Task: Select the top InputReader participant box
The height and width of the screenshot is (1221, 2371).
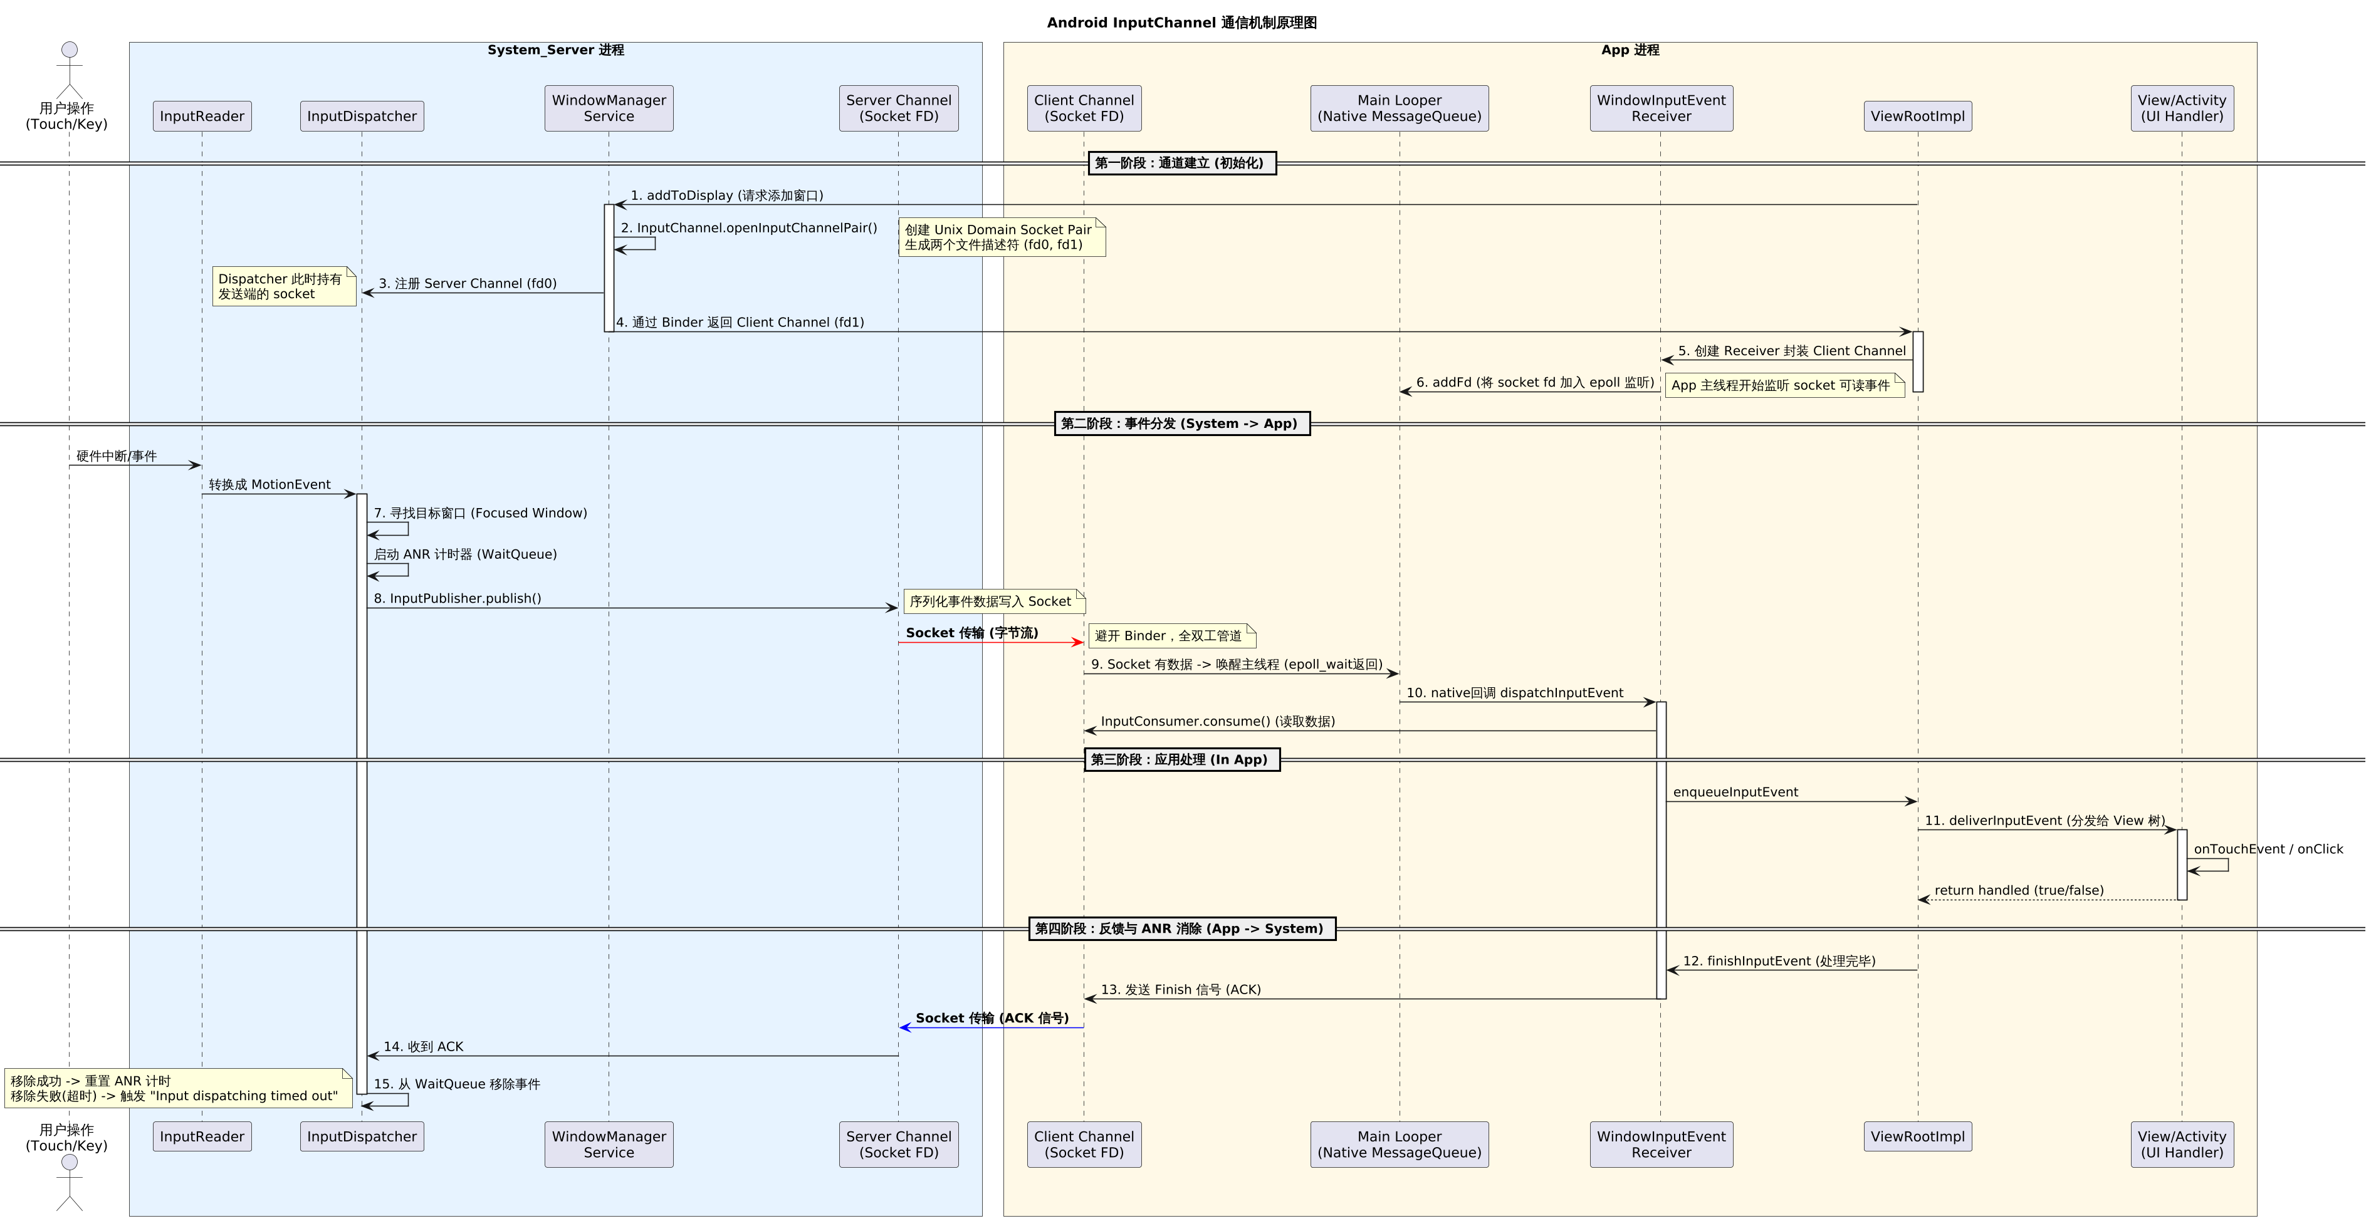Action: click(202, 116)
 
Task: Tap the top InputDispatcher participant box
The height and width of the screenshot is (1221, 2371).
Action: click(362, 116)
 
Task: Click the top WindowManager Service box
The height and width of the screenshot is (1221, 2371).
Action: click(609, 108)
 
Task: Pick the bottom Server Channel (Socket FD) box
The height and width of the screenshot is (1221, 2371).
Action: click(898, 1144)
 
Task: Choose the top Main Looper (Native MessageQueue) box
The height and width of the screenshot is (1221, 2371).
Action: click(1399, 108)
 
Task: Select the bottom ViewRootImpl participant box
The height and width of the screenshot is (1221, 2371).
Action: click(1917, 1136)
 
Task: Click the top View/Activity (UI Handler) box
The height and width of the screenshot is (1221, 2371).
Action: click(2181, 108)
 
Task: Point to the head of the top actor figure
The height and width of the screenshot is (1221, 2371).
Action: click(69, 49)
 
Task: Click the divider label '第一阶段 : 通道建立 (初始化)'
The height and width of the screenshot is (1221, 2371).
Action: click(1182, 163)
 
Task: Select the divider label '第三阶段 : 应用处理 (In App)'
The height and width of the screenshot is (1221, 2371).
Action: click(1182, 759)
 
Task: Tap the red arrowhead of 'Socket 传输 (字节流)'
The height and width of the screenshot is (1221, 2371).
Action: click(1077, 642)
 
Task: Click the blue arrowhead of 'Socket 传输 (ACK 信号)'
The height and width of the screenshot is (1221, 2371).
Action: click(906, 1027)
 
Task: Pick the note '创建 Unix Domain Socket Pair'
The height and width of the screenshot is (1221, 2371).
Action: click(1002, 237)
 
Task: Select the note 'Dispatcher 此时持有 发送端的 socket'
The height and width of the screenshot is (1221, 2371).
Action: click(283, 286)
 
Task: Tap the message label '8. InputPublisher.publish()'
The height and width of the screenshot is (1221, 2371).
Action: click(458, 598)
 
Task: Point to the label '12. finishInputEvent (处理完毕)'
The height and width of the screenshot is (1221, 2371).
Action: click(1778, 960)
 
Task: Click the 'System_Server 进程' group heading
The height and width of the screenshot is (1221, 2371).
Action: click(555, 49)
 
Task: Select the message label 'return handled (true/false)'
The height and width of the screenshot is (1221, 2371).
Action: click(2019, 890)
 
